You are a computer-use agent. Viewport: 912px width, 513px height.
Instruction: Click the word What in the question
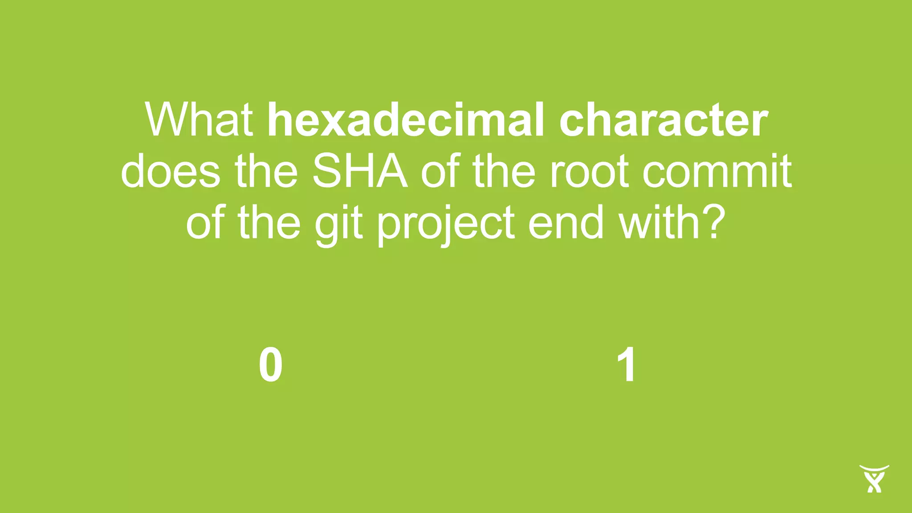click(199, 120)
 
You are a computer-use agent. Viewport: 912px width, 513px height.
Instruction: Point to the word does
click(171, 171)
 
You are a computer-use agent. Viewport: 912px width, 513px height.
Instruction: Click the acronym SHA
click(360, 171)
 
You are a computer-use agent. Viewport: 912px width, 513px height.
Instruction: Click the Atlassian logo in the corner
click(874, 478)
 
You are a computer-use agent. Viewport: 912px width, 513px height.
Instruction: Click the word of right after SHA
click(440, 171)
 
